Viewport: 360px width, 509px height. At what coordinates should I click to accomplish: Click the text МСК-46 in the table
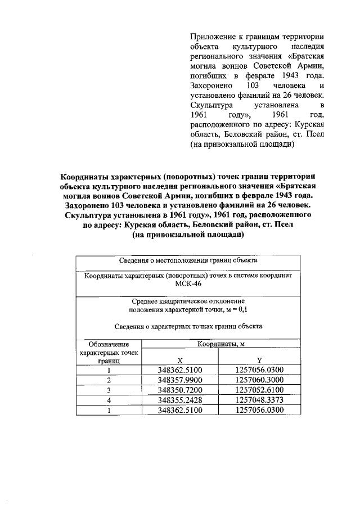[188, 285]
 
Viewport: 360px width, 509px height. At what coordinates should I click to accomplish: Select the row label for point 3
[109, 390]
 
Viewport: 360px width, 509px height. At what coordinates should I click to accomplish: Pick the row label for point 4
[109, 400]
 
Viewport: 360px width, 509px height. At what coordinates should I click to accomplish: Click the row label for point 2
[109, 380]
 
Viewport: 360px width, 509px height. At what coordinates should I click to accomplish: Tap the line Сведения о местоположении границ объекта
[188, 261]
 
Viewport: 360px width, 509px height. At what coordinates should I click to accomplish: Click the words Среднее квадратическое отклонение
[188, 301]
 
